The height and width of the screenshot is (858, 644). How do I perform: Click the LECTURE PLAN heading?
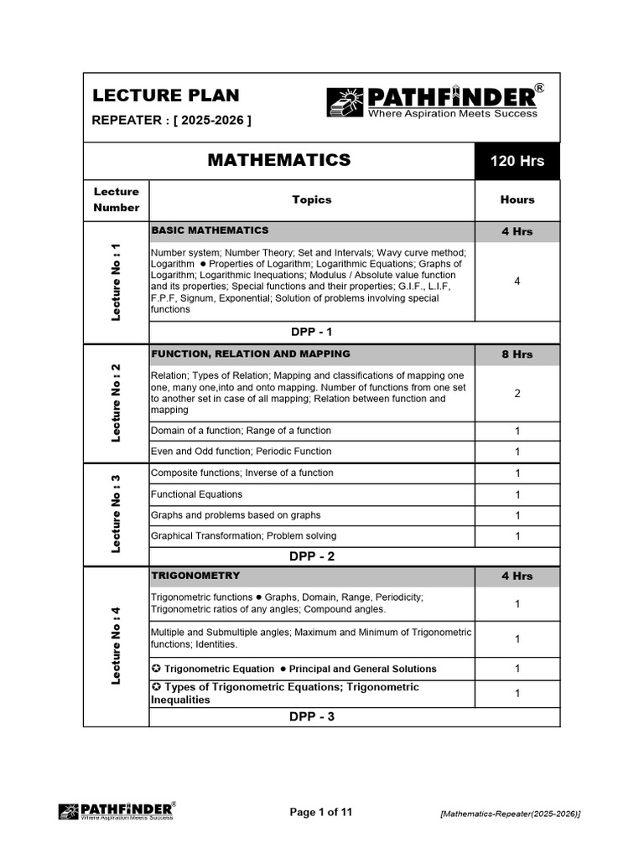click(x=165, y=96)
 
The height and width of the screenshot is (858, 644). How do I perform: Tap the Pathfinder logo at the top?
click(x=431, y=102)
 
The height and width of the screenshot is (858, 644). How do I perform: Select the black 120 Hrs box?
click(x=517, y=161)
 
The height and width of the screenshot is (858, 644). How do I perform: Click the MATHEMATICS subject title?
click(x=278, y=160)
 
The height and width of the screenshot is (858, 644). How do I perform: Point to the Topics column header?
click(x=311, y=199)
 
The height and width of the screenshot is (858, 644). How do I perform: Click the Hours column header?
click(x=517, y=199)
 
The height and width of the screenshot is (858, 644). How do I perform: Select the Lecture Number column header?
click(x=117, y=199)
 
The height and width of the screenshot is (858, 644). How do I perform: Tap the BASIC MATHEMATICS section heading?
click(x=210, y=230)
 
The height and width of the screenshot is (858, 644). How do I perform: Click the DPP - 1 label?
click(x=311, y=332)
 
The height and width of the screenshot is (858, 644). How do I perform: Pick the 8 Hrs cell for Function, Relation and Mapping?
click(x=517, y=354)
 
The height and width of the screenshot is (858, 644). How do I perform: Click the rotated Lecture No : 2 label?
click(x=117, y=402)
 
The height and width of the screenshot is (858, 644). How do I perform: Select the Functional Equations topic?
click(x=196, y=494)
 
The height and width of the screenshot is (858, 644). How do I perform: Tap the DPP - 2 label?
click(x=311, y=556)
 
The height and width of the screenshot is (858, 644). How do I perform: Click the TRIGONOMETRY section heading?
click(x=195, y=576)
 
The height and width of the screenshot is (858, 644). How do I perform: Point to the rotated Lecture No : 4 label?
click(x=117, y=645)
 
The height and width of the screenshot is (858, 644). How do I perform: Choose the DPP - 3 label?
click(x=311, y=716)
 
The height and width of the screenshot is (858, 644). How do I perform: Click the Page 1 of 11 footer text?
click(x=321, y=812)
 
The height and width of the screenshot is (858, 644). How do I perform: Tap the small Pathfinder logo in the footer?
click(x=117, y=811)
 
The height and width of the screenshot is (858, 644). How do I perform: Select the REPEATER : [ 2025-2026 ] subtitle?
click(x=171, y=121)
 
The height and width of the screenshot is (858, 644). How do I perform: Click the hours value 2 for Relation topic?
click(x=517, y=393)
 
